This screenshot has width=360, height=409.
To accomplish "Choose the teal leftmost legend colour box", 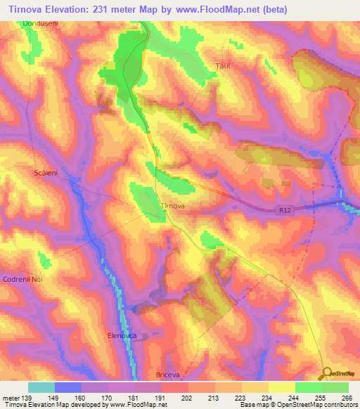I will point(41,387).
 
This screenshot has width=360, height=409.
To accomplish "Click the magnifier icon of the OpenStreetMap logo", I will point(325,375).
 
